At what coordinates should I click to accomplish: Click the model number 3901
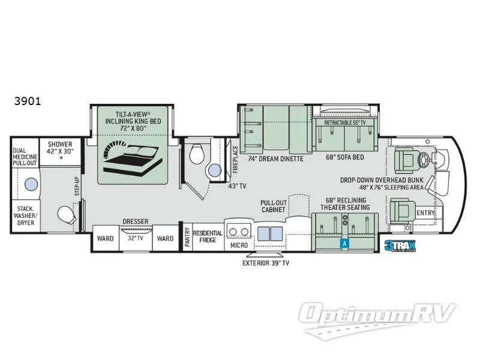pyautogui.click(x=28, y=101)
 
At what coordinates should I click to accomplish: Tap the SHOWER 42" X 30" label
pyautogui.click(x=61, y=148)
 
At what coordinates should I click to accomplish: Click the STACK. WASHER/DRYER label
pyautogui.click(x=25, y=215)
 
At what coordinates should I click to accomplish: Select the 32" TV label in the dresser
pyautogui.click(x=136, y=238)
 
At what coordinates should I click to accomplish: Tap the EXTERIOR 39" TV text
pyautogui.click(x=266, y=263)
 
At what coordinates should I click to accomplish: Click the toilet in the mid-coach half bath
pyautogui.click(x=197, y=157)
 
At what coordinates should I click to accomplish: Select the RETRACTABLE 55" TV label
pyautogui.click(x=345, y=122)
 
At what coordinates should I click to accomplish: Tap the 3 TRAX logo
pyautogui.click(x=398, y=245)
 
